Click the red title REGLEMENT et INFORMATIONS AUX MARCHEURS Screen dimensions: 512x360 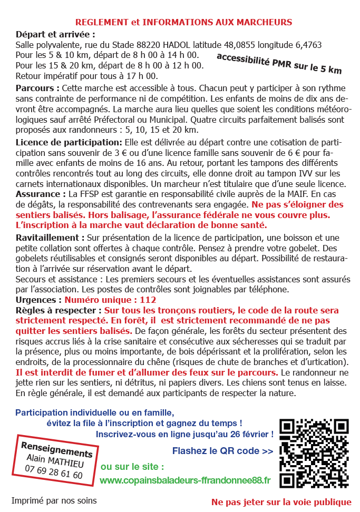[183, 23]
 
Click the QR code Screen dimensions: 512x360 [314, 453]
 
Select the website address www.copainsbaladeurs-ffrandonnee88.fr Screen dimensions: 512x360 [185, 480]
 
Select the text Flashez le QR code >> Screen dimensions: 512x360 [222, 451]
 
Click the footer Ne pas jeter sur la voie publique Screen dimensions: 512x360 [281, 501]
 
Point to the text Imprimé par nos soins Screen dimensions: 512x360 [54, 500]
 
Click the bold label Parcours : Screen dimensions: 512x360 [38, 87]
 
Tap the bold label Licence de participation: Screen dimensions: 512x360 [69, 143]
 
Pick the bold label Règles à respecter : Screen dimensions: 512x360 [59, 310]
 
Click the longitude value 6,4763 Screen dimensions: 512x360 [308, 45]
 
